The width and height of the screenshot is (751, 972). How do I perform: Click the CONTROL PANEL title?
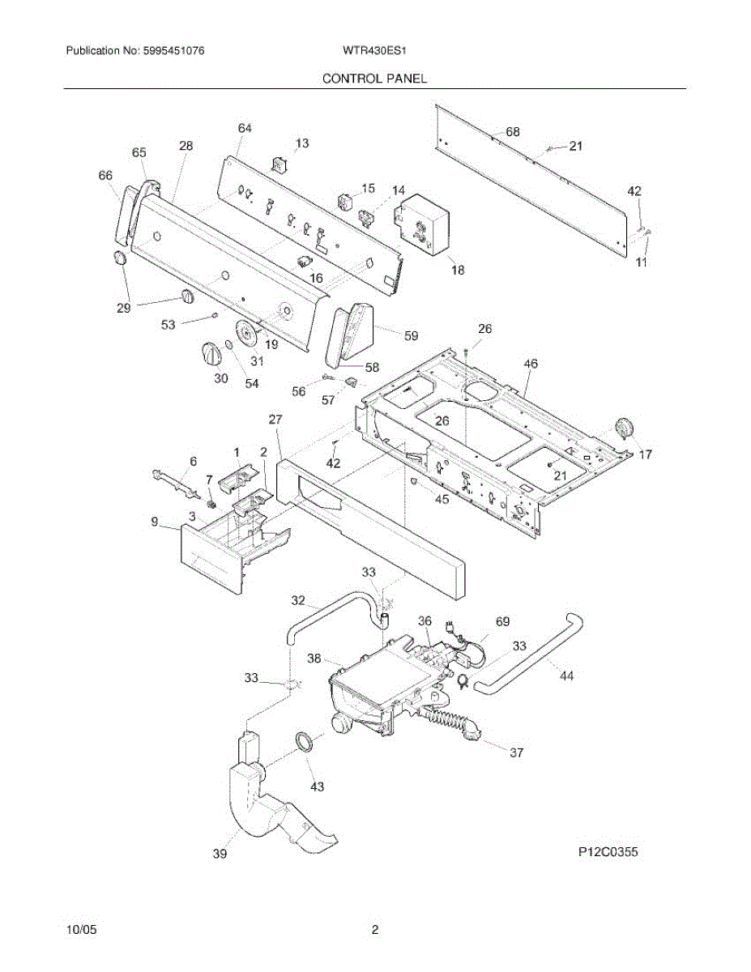pos(374,79)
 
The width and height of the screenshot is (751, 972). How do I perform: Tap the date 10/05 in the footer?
pos(80,931)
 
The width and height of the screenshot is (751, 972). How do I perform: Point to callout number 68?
pos(512,132)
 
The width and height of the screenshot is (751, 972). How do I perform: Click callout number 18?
pos(458,271)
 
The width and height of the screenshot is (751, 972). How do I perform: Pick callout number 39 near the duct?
pos(220,854)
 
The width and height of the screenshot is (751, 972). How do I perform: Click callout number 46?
pos(530,364)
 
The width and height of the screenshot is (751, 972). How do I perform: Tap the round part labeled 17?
pos(625,427)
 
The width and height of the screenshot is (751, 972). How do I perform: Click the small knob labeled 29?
pos(118,258)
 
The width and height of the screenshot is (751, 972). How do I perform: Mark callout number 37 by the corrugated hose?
pos(516,752)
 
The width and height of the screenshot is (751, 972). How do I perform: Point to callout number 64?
pos(245,128)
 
